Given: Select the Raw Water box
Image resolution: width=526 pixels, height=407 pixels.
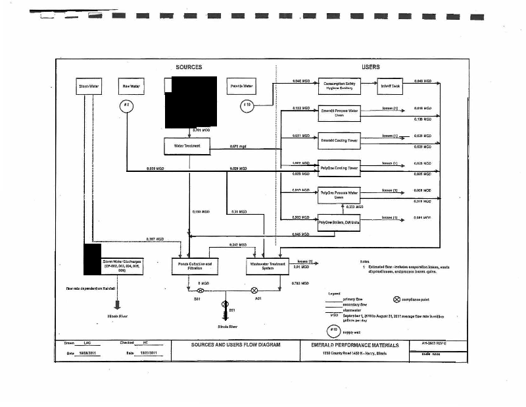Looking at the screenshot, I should click(x=128, y=86).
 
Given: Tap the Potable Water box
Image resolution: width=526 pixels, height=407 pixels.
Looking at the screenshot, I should click(x=241, y=86).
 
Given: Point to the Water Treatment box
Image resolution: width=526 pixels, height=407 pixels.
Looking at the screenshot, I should click(x=187, y=146).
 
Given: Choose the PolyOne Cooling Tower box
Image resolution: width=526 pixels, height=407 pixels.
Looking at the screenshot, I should click(x=339, y=168).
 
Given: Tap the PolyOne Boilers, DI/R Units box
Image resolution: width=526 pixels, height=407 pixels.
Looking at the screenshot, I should click(x=339, y=223).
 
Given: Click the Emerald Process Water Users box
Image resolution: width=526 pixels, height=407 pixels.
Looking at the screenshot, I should click(x=339, y=113).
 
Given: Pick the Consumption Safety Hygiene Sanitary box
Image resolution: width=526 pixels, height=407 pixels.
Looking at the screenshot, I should click(x=339, y=86).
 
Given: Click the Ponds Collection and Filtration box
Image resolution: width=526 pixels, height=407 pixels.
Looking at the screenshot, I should click(x=195, y=266).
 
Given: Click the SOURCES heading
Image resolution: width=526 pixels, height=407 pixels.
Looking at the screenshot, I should click(x=189, y=67).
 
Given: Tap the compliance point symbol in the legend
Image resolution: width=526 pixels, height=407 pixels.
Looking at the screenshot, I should click(x=396, y=300).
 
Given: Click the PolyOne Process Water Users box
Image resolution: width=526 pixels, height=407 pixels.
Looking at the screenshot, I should click(x=339, y=195).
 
